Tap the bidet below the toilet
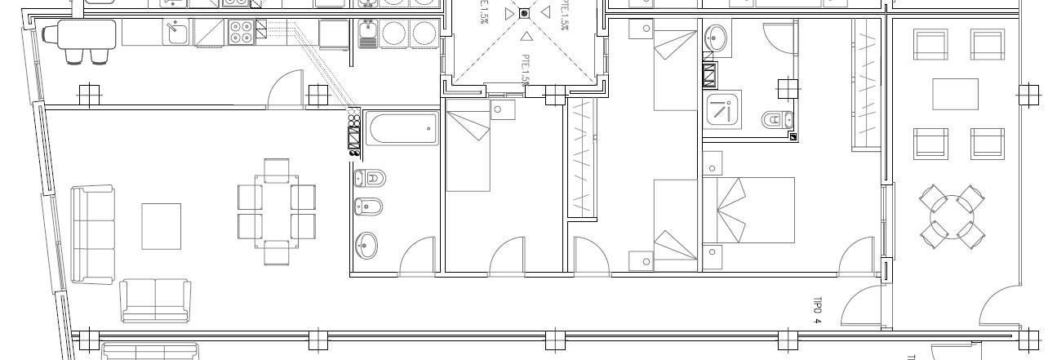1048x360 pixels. pyautogui.click(x=369, y=207)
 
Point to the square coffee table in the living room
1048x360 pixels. pyautogui.click(x=162, y=226)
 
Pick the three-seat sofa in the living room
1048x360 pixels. pyautogui.click(x=92, y=233)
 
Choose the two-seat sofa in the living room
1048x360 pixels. pyautogui.click(x=155, y=300)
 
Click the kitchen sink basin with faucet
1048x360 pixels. pyautogui.click(x=176, y=33)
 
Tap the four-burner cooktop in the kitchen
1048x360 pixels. pyautogui.click(x=241, y=32)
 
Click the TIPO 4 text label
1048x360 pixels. pyautogui.click(x=818, y=309)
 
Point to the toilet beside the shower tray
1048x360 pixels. pyautogui.click(x=775, y=120)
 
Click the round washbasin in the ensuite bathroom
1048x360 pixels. pyautogui.click(x=717, y=37)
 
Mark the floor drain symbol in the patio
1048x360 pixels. pyautogui.click(x=524, y=13)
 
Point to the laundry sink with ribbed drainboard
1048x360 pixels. pyautogui.click(x=367, y=33)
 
